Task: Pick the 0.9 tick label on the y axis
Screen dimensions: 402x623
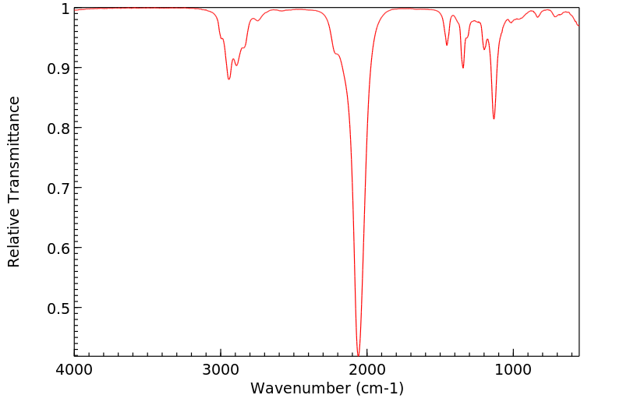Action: (x=57, y=69)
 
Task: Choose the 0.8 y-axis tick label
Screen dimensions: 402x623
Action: (x=57, y=129)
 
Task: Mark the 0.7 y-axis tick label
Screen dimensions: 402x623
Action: (x=57, y=189)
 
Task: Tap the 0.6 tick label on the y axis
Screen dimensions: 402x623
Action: (x=57, y=249)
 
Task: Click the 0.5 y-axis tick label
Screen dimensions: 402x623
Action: (x=57, y=309)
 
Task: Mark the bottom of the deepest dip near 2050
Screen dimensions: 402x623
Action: (x=358, y=354)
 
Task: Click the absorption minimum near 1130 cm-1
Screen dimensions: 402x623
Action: (x=494, y=118)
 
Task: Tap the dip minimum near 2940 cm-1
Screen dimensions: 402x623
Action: (x=228, y=79)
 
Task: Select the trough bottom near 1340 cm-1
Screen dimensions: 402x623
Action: (x=463, y=68)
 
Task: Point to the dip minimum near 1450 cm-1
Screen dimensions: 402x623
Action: (x=447, y=45)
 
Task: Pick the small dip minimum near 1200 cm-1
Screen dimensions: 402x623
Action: (x=484, y=50)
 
